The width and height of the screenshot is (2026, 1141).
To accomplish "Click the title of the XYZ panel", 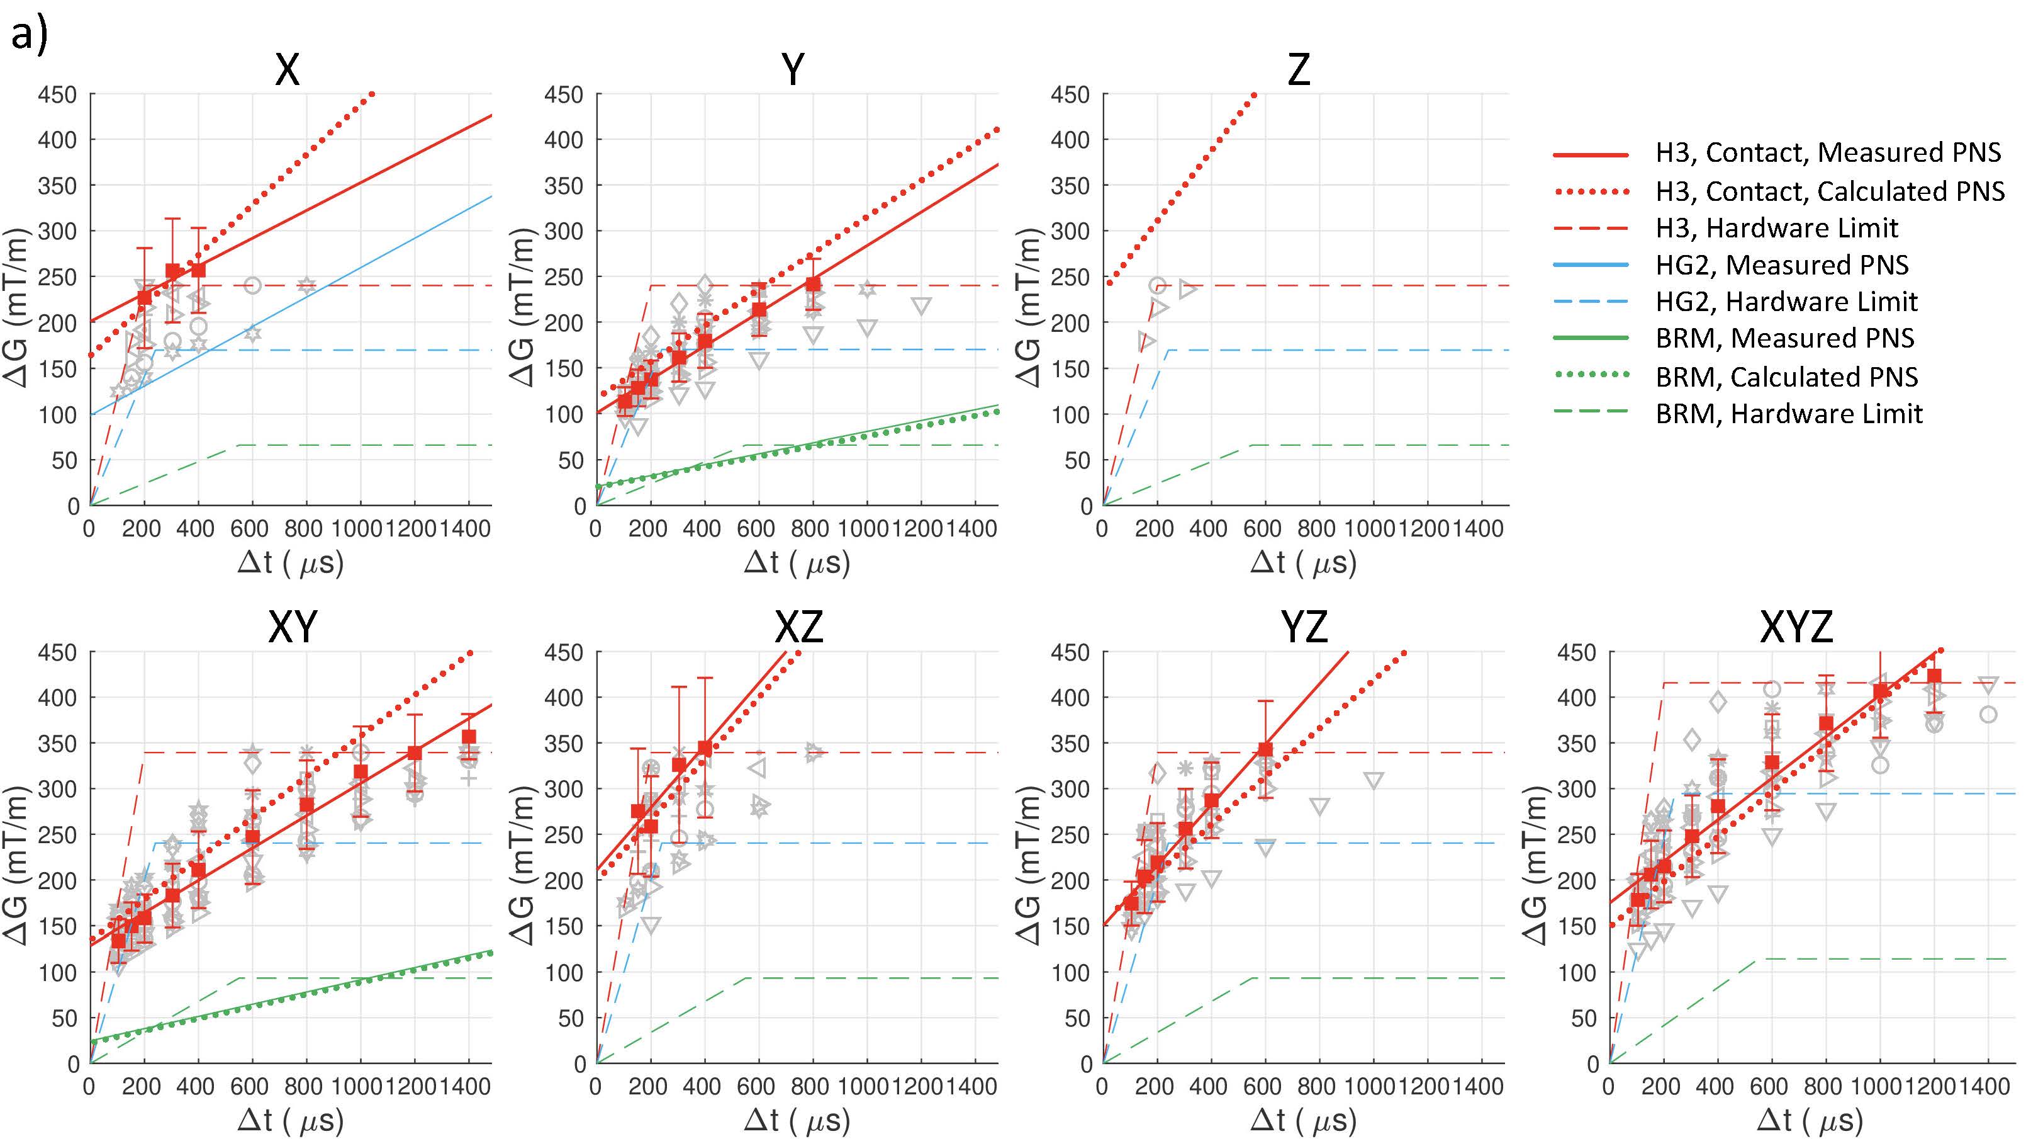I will [1796, 627].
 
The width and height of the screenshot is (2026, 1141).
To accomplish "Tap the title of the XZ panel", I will [799, 627].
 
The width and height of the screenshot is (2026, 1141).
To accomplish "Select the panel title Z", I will [1299, 69].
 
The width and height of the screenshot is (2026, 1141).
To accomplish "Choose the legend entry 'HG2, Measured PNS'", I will [1781, 265].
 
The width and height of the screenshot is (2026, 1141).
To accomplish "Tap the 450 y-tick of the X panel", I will [57, 95].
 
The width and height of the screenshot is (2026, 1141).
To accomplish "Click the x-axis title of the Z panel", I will [1303, 564].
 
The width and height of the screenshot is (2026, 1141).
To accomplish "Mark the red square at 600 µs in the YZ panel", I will [1265, 749].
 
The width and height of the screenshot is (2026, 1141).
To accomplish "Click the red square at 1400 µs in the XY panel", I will [469, 737].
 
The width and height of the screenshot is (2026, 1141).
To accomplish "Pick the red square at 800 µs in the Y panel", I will [813, 284].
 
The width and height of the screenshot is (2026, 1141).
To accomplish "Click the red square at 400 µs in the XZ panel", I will [705, 747].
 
